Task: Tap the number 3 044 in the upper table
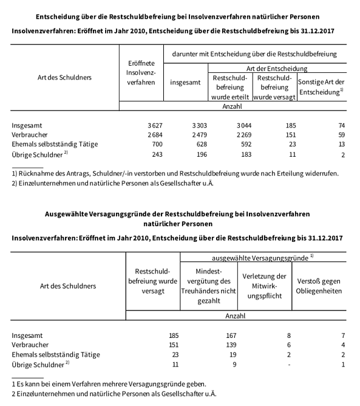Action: pyautogui.click(x=235, y=125)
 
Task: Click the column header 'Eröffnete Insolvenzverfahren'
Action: pyautogui.click(x=141, y=72)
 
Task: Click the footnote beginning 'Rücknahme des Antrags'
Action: pyautogui.click(x=175, y=173)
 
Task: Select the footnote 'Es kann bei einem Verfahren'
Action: pyautogui.click(x=109, y=384)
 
